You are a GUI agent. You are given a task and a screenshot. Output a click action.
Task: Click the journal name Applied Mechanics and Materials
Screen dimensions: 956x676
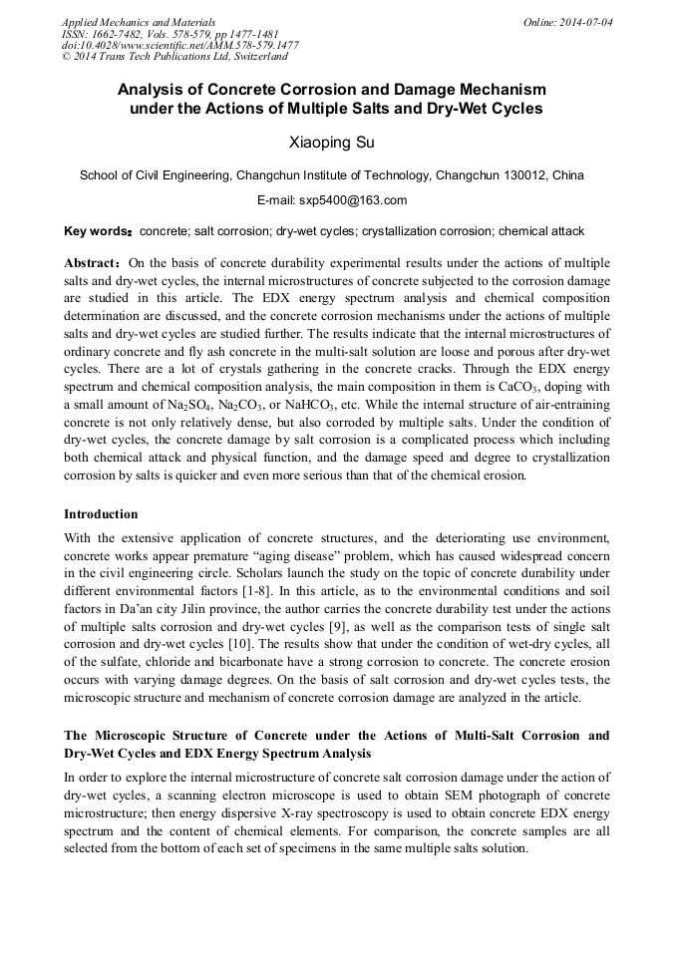click(138, 22)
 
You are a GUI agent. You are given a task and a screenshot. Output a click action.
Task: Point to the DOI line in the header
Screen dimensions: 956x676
click(179, 45)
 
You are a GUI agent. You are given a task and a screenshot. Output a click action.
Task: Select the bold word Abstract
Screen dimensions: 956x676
click(93, 263)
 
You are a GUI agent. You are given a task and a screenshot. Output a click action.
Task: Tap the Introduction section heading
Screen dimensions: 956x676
click(101, 514)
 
